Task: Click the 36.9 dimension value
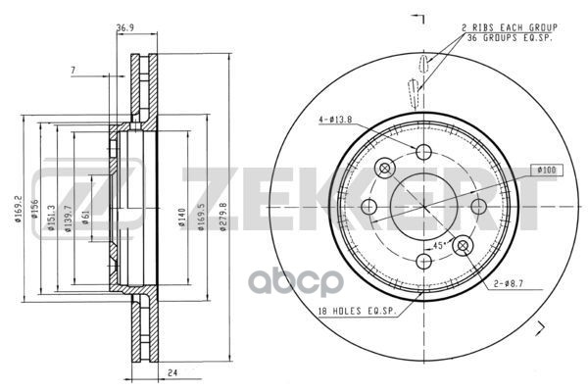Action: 124,27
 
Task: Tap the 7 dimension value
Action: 73,70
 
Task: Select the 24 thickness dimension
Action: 172,373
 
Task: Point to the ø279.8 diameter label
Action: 223,217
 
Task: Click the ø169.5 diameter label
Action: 201,217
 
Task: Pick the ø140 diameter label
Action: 182,218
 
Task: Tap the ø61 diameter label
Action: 86,218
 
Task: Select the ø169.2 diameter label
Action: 18,209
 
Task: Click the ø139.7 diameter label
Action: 68,219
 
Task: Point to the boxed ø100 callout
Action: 547,170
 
